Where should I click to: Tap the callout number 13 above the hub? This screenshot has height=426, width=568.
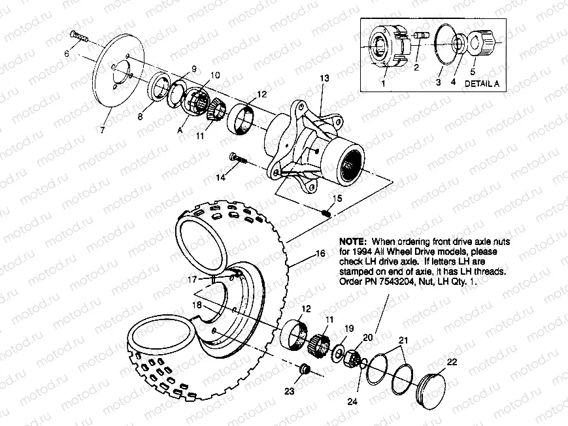pos(324,78)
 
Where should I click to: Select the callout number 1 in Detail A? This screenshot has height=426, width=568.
pos(383,84)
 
